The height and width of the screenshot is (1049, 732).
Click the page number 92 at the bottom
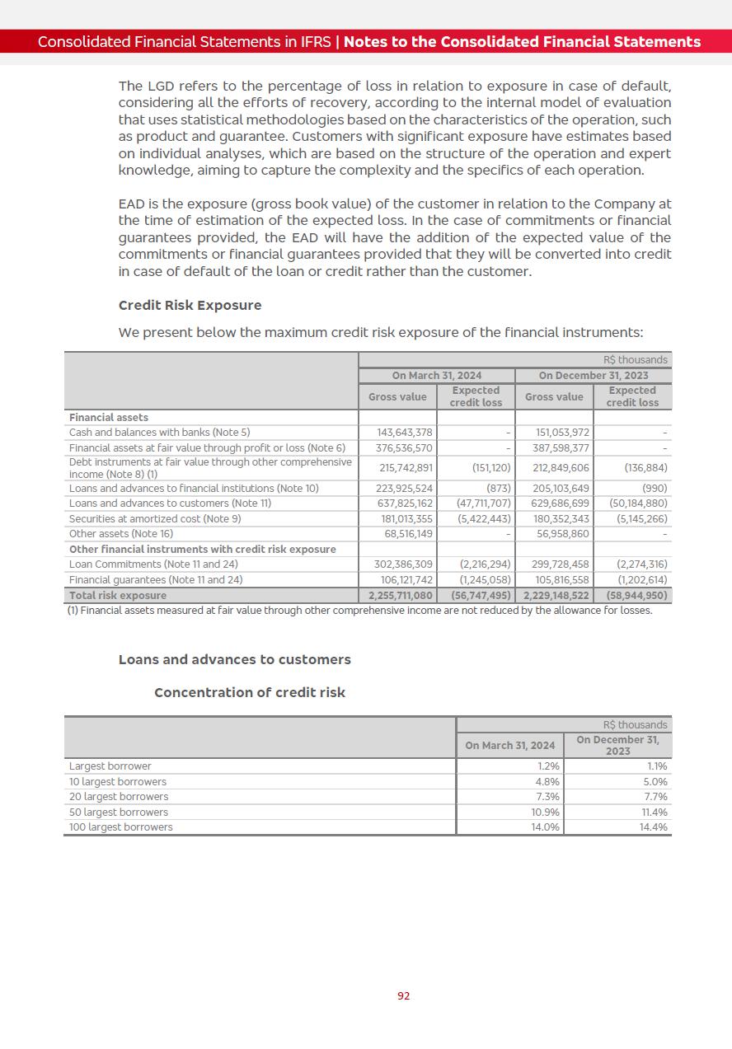403,995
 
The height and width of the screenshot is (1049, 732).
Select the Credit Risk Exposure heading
190,305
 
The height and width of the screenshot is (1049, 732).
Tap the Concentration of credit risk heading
250,692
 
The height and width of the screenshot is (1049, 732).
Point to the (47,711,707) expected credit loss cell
484,503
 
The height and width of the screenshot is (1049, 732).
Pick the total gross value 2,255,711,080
401,595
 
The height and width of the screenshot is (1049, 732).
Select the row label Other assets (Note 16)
121,534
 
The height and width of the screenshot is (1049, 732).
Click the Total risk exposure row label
118,595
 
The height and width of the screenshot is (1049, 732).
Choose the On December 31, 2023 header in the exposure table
594,376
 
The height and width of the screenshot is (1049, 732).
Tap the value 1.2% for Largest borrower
547,766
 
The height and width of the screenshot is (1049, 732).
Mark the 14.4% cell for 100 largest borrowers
654,827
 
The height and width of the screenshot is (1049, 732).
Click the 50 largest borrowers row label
119,812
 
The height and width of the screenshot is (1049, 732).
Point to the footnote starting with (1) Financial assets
359,611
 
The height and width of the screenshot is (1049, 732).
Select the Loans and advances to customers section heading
235,659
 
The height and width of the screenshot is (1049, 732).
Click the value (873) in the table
498,489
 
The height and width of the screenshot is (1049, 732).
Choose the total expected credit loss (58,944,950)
636,595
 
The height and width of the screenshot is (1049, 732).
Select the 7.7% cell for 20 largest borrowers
655,797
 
